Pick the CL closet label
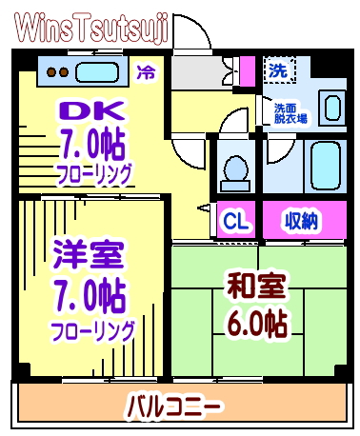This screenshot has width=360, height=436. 235,221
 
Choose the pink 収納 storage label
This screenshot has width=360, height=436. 302,221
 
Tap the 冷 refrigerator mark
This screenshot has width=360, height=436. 146,71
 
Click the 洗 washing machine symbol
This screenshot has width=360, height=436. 278,69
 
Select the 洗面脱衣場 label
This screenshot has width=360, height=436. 290,112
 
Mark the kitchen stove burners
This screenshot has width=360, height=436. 55,71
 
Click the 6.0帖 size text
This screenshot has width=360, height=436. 254,322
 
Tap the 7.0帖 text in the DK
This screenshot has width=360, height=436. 83,145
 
